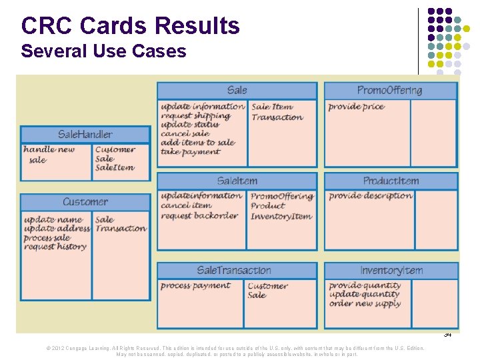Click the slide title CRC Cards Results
click(130, 26)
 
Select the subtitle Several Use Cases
click(103, 51)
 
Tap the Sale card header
click(237, 91)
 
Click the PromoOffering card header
click(389, 91)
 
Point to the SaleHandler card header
click(85, 135)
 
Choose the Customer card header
click(85, 202)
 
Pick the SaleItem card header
click(237, 181)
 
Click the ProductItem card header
click(391, 181)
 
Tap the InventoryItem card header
click(391, 271)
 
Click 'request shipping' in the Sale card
click(195, 115)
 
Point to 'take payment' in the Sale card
click(190, 152)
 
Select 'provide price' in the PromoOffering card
click(356, 107)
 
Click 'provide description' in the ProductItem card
click(371, 196)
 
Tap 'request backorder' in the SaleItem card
click(199, 215)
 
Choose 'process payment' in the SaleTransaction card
click(195, 286)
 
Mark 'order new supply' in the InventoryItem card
click(365, 304)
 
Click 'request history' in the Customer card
click(55, 247)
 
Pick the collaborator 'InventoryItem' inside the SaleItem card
click(281, 216)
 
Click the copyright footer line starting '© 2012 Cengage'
click(237, 348)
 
